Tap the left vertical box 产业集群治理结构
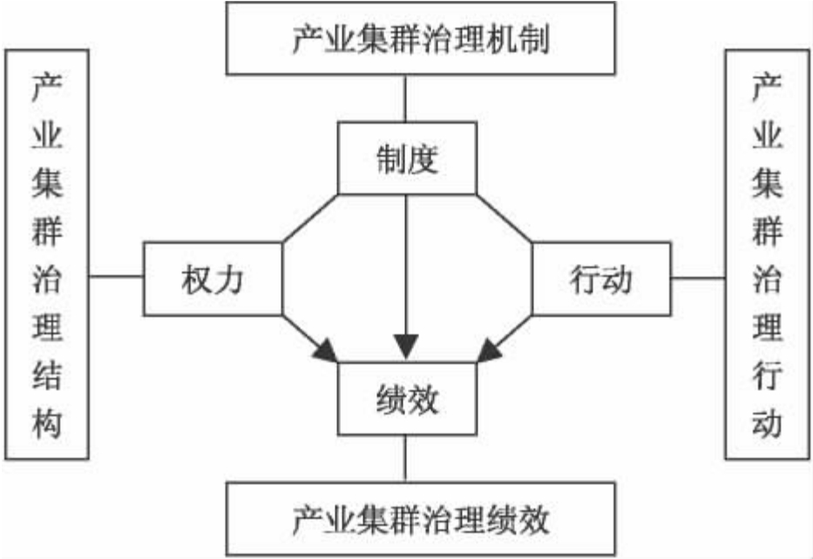tap(47, 253)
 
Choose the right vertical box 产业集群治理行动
tap(767, 253)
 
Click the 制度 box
tap(406, 158)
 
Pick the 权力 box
tap(212, 279)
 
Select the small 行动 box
tap(601, 279)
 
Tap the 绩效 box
tap(406, 399)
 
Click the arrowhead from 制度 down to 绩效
tap(406, 348)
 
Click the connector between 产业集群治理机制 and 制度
tap(406, 98)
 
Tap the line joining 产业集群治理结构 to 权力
tap(116, 278)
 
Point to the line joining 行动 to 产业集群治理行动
tap(698, 278)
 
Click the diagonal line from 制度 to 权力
tap(309, 218)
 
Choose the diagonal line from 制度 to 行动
tap(504, 218)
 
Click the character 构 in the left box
tap(47, 425)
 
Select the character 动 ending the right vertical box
tap(767, 425)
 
